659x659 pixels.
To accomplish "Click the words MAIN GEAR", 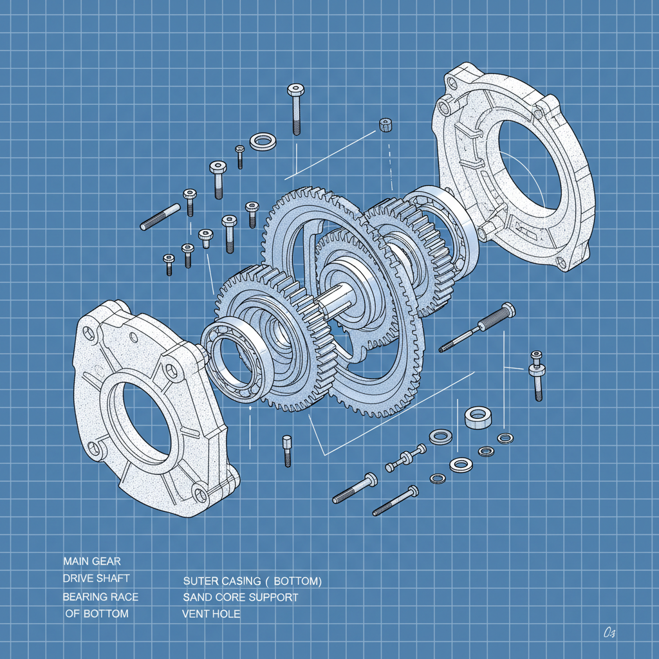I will point(92,561).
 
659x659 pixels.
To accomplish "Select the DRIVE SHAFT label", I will point(95,579).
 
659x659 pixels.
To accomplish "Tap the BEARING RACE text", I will point(100,597).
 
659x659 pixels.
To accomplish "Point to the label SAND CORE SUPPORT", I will point(240,597).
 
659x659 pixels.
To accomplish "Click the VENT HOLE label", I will point(211,614).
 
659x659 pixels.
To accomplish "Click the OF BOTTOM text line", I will point(97,613).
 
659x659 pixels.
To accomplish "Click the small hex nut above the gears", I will point(386,124).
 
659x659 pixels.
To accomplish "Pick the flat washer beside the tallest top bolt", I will point(263,141).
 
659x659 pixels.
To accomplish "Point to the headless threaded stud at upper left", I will point(160,216).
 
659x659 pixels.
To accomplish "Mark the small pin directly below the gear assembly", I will point(287,450).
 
